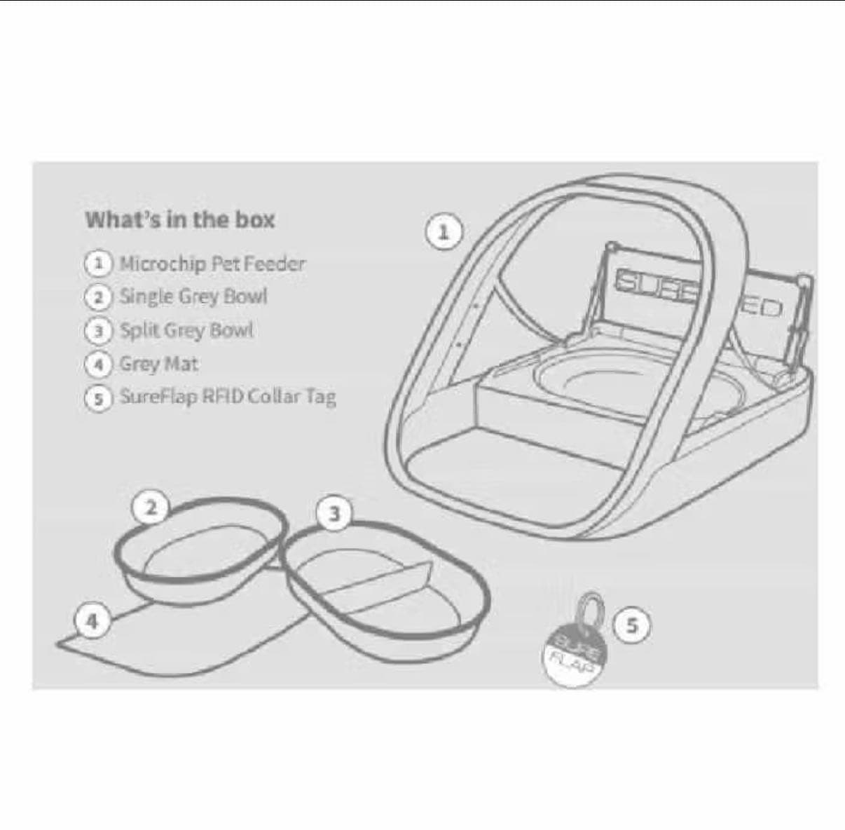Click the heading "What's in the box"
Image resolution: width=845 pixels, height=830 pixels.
(x=180, y=220)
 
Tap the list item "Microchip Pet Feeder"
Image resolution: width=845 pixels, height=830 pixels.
(x=212, y=264)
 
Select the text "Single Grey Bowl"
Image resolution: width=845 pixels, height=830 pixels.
(x=193, y=297)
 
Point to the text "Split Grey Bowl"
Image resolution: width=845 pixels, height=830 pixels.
(x=186, y=330)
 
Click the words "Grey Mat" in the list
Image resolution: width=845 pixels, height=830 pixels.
(x=159, y=365)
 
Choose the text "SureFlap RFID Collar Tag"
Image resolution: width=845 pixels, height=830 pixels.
(x=228, y=397)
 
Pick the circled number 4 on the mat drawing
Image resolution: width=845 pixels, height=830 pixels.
(x=92, y=622)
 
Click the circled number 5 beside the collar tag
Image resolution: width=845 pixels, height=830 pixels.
(x=631, y=626)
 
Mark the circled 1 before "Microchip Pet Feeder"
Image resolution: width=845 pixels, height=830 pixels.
(x=99, y=264)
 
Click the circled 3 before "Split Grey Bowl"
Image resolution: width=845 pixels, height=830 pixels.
(x=99, y=332)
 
